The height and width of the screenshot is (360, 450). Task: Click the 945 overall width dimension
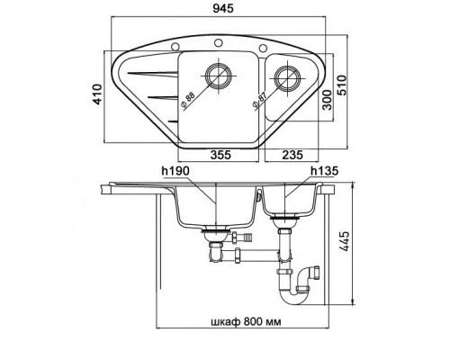pos(223,9)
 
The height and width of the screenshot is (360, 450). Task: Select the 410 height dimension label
pos(97,94)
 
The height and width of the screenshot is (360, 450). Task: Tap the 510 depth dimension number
pos(341,85)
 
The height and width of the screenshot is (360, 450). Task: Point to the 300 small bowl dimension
pos(328,100)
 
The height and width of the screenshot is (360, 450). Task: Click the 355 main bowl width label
pos(220,155)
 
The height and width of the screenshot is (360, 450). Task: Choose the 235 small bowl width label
pos(292,155)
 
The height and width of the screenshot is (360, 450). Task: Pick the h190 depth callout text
pos(175,171)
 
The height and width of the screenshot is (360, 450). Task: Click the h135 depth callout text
pos(325,171)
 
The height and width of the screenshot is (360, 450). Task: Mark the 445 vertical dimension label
pos(345,241)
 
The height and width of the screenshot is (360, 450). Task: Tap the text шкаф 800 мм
pos(246,322)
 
